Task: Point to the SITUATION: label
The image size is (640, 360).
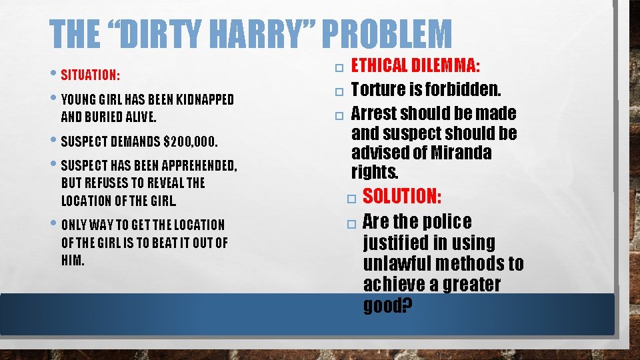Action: pyautogui.click(x=91, y=73)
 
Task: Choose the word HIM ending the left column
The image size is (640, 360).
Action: pyautogui.click(x=72, y=260)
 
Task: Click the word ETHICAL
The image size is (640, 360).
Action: pyautogui.click(x=380, y=65)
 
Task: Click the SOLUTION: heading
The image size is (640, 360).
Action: pyautogui.click(x=402, y=196)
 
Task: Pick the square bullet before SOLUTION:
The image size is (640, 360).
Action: pyautogui.click(x=351, y=197)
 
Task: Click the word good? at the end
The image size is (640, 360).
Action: pyautogui.click(x=388, y=305)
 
